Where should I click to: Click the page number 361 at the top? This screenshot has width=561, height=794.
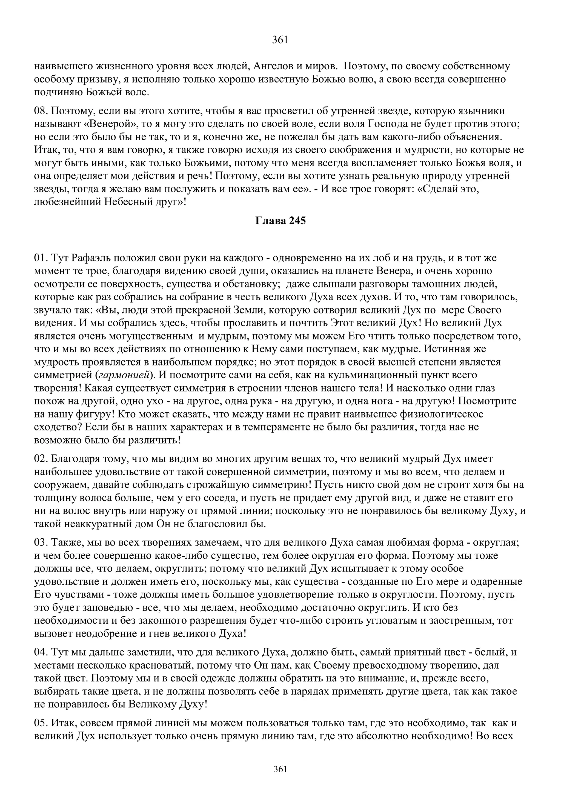280,40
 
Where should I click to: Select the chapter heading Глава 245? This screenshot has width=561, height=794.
280,221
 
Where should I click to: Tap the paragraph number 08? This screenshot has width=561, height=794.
41,111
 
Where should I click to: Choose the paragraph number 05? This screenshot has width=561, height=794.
41,723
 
